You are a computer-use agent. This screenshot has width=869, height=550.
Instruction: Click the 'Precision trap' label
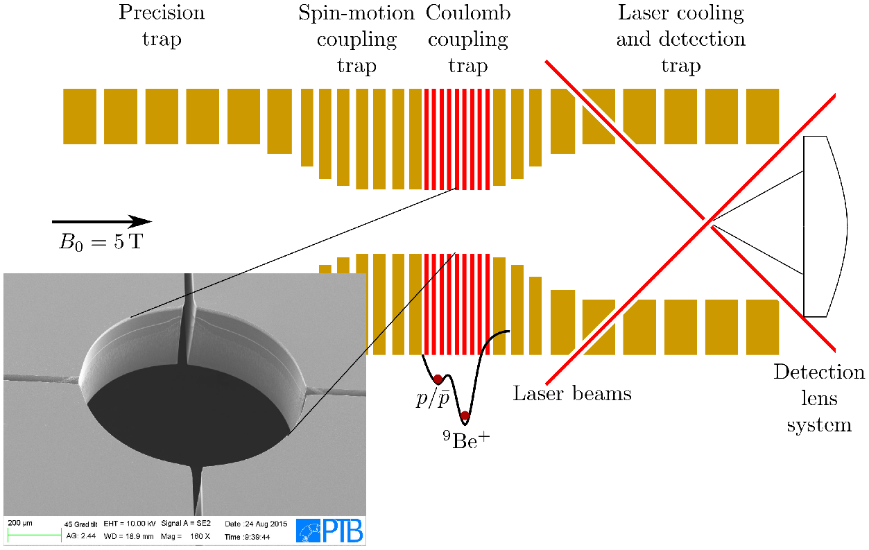click(162, 26)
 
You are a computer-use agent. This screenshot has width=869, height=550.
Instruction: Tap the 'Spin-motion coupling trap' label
click(356, 39)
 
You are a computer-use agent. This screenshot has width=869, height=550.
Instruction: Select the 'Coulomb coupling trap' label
click(468, 39)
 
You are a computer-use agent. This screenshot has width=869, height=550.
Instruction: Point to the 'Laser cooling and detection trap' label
click(681, 39)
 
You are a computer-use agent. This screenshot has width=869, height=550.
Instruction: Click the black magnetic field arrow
click(102, 221)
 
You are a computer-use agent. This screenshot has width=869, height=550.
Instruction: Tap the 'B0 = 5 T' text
click(101, 242)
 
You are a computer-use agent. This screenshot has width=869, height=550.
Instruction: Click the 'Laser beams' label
click(572, 394)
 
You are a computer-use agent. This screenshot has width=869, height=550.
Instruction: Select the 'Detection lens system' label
click(819, 398)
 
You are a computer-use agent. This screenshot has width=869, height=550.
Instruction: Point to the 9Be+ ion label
click(467, 440)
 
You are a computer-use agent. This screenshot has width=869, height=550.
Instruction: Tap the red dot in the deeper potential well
click(465, 416)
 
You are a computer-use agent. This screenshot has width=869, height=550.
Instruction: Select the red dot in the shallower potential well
click(438, 379)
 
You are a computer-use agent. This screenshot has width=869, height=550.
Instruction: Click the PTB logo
click(329, 530)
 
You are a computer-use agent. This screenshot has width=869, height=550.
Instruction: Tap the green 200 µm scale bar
click(35, 537)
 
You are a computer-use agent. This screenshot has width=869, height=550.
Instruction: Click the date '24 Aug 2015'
click(266, 524)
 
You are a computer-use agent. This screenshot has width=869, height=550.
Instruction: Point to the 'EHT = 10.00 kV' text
click(130, 524)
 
